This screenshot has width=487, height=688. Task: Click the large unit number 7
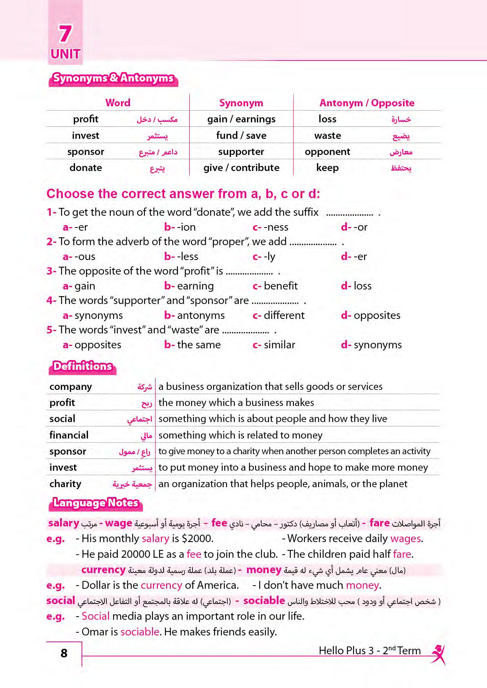[x=65, y=34]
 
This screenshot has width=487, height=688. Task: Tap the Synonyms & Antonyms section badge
[x=113, y=78]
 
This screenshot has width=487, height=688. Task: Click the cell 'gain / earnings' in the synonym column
[x=241, y=119]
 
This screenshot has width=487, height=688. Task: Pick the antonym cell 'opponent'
[x=327, y=152]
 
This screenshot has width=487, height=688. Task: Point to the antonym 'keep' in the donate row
[x=327, y=168]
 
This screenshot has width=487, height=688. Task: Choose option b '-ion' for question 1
[x=180, y=227]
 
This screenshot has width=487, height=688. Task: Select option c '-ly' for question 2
[x=264, y=257]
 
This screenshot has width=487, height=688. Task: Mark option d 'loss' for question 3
[x=357, y=286]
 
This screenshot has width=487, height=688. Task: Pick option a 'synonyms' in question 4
[x=93, y=315]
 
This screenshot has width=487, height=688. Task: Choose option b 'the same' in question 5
[x=193, y=345]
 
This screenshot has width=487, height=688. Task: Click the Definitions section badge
[x=83, y=366]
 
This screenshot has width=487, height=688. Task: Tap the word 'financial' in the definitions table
[x=69, y=435]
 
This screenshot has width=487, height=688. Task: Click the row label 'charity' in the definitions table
[x=65, y=484]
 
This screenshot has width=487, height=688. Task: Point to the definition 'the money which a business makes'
[x=236, y=403]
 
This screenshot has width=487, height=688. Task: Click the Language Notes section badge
[x=95, y=503]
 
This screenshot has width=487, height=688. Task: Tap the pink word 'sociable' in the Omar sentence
[x=140, y=632]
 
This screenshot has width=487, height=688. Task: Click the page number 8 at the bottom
[x=64, y=653]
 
